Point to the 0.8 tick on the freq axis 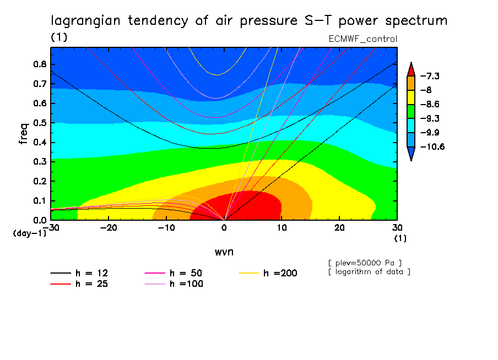coord(41,64)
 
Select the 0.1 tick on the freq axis coord(41,201)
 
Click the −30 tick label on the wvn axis coord(51,228)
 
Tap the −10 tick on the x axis coord(166,228)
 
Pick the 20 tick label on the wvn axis coord(339,228)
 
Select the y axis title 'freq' coord(23,133)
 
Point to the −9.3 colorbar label coord(429,118)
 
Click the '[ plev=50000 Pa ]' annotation coord(364,262)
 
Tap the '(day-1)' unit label coord(29,233)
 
